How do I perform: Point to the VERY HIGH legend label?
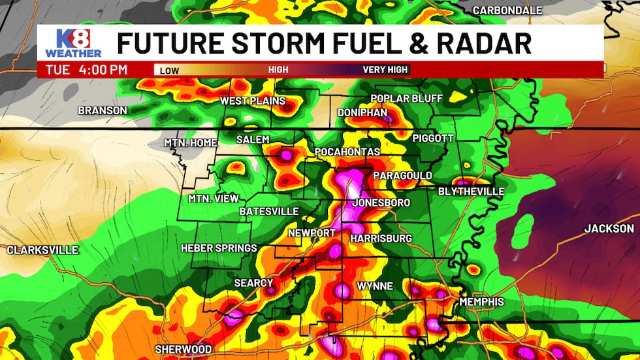(385, 69)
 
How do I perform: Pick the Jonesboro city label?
(381, 203)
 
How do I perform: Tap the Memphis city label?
(481, 302)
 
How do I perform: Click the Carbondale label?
(507, 10)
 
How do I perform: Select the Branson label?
(103, 110)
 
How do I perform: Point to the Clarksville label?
(42, 250)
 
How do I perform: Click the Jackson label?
(609, 229)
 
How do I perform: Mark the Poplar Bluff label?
(406, 99)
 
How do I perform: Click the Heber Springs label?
(219, 248)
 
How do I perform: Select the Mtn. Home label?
(190, 142)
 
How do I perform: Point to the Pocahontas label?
(347, 152)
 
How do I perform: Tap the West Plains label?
(252, 101)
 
